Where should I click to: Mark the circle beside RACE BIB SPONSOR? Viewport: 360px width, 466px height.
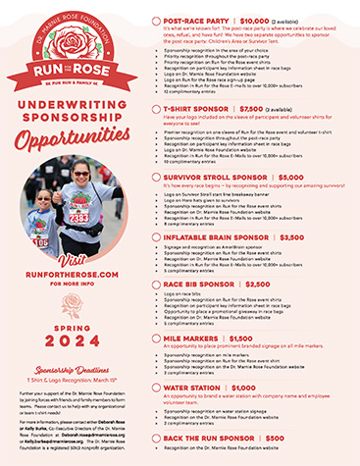click(x=158, y=285)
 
